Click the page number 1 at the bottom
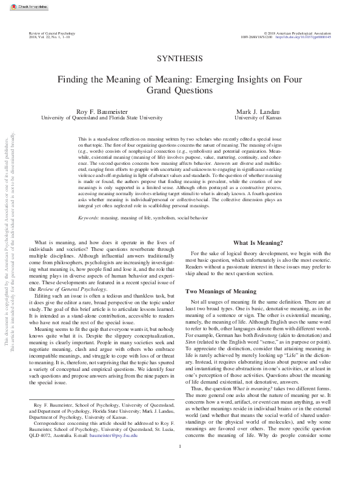pyautogui.click(x=180, y=465)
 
